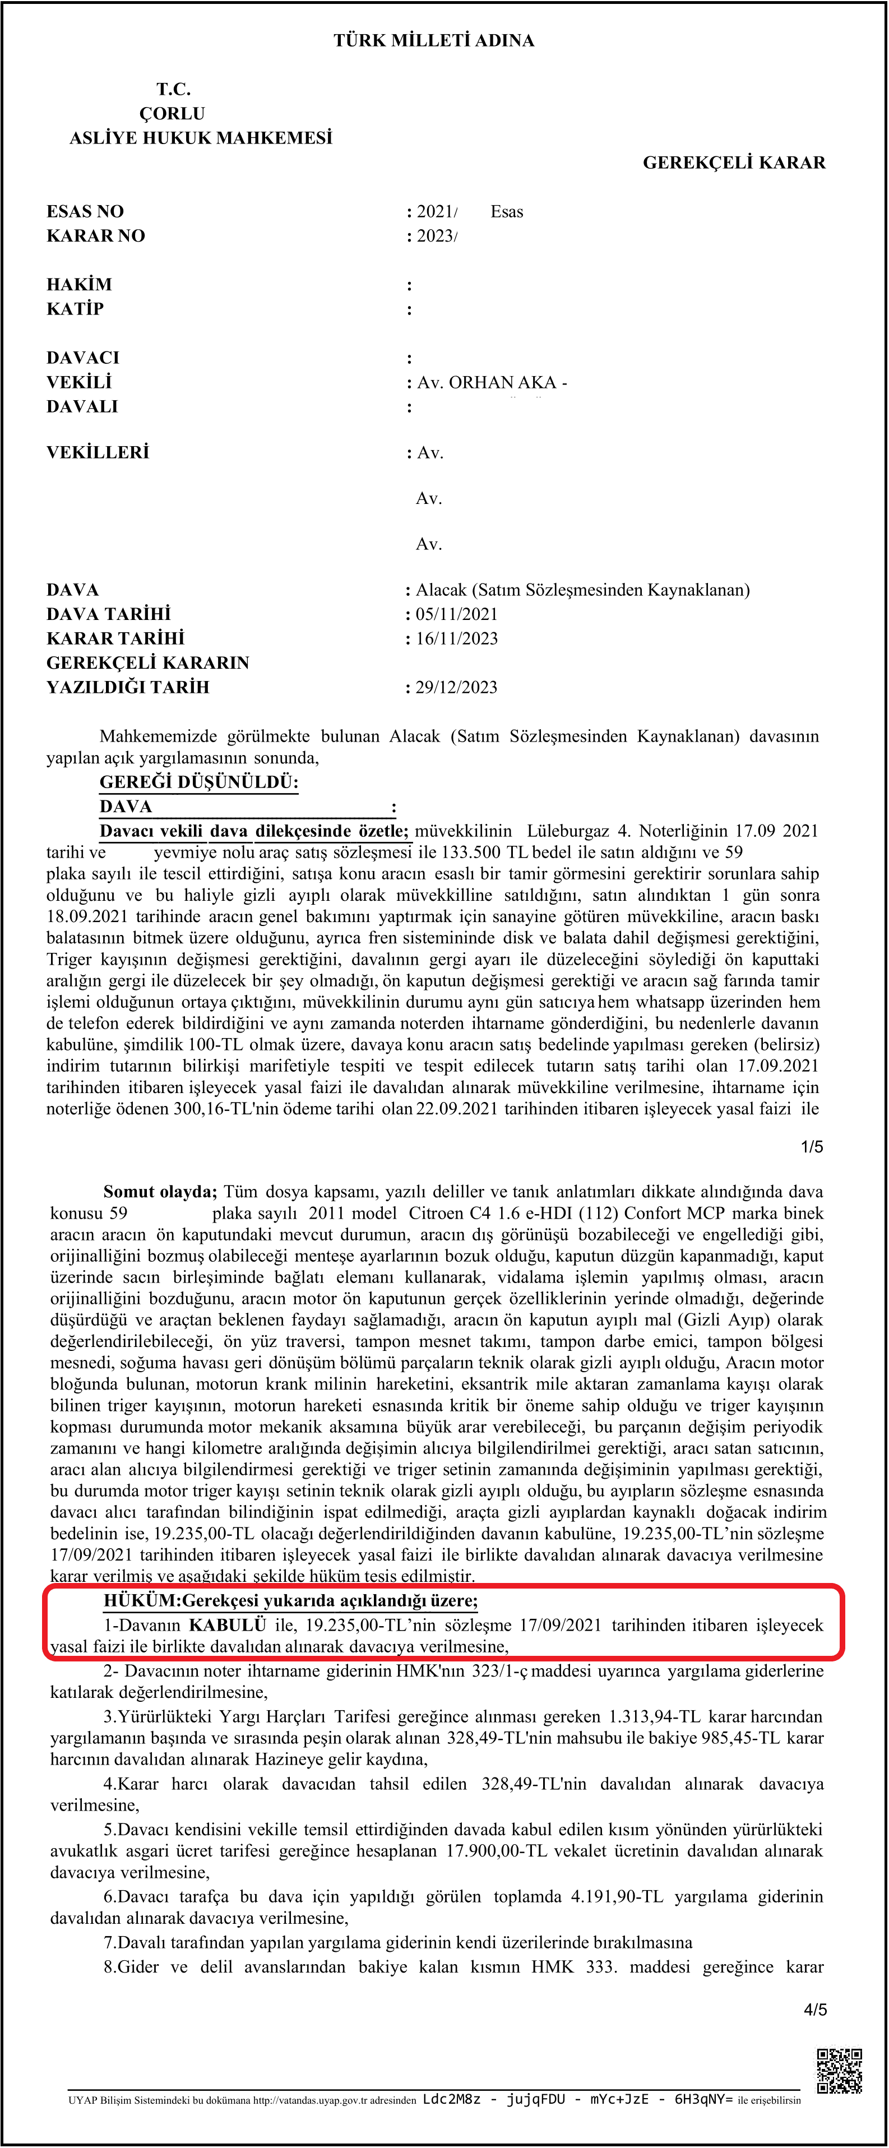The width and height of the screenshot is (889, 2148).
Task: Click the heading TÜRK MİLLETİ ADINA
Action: pos(434,40)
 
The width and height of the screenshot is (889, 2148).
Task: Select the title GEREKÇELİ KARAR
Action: pos(734,163)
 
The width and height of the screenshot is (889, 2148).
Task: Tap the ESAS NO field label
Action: pos(85,212)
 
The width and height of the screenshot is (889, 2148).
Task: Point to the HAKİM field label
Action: pos(79,285)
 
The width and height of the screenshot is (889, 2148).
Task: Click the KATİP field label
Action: pos(75,309)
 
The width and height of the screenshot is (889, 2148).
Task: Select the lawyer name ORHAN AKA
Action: pos(503,383)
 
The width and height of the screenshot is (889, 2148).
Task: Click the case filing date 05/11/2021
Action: pos(456,614)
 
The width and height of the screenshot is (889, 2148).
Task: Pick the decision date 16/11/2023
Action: pos(456,638)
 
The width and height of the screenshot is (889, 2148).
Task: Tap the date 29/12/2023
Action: pos(456,688)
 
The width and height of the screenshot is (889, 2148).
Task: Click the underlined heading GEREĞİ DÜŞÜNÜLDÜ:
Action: pos(198,782)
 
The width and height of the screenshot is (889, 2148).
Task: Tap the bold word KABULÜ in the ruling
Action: pos(227,1625)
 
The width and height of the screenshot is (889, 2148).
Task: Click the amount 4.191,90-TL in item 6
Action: pos(617,1897)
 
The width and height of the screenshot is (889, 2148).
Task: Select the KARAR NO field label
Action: pos(96,236)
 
